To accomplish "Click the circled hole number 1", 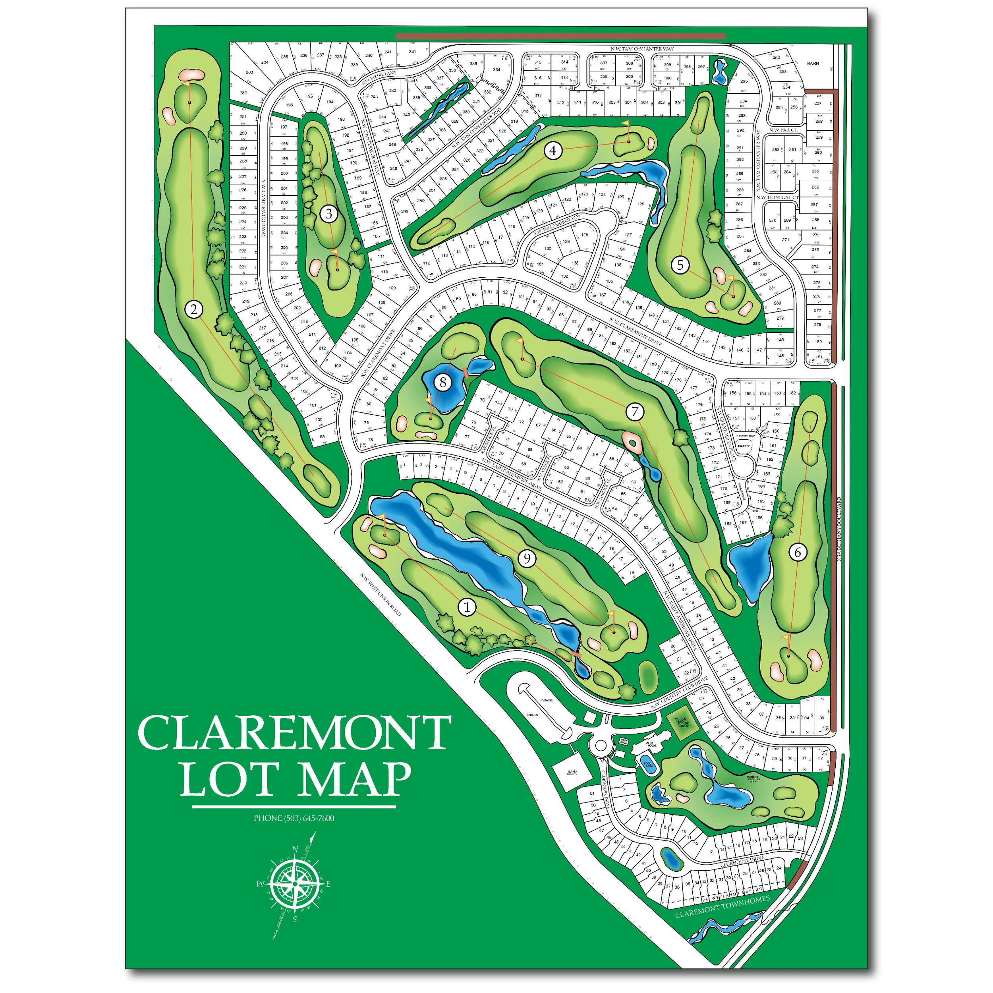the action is pyautogui.click(x=467, y=607).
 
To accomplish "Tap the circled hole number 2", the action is pyautogui.click(x=194, y=309).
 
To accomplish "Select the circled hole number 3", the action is pyautogui.click(x=329, y=214).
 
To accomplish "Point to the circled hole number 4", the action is pyautogui.click(x=553, y=151).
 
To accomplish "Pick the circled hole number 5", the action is pyautogui.click(x=680, y=265).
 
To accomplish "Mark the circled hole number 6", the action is pyautogui.click(x=798, y=553).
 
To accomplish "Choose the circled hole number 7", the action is pyautogui.click(x=635, y=411).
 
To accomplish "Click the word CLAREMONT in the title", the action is pyautogui.click(x=294, y=733).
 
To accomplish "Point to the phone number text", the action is pyautogui.click(x=294, y=818).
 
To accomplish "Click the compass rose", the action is pyautogui.click(x=294, y=884).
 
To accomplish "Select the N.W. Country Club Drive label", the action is pyautogui.click(x=680, y=694).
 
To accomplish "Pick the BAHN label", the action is pyautogui.click(x=813, y=64).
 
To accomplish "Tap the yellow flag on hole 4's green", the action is pyautogui.click(x=626, y=124).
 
